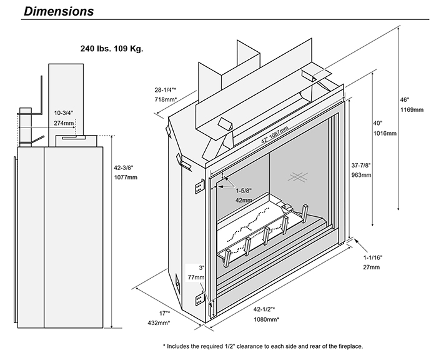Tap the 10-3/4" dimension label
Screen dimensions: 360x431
pyautogui.click(x=64, y=112)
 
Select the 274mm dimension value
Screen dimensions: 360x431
pyautogui.click(x=64, y=122)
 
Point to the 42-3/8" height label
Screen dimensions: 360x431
pyautogui.click(x=126, y=167)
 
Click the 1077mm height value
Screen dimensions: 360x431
pyautogui.click(x=126, y=177)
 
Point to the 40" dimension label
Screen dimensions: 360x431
pyautogui.click(x=377, y=123)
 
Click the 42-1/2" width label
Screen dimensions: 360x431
pyautogui.click(x=265, y=309)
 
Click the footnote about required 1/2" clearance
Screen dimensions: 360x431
pyautogui.click(x=262, y=346)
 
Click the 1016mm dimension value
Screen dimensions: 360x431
pyautogui.click(x=380, y=133)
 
